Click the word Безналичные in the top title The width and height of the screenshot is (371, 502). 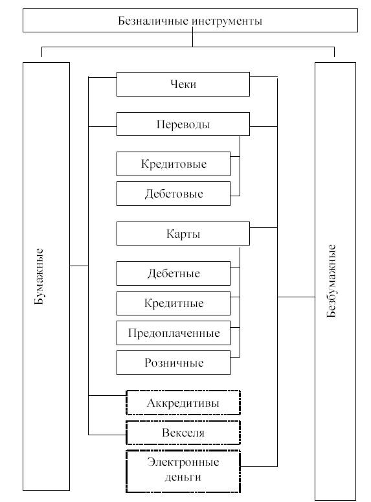click(153, 21)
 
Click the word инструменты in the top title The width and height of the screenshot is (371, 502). click(227, 21)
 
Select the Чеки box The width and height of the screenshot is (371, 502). click(183, 84)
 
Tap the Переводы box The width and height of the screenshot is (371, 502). click(183, 124)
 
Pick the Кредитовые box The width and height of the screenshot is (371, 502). click(174, 164)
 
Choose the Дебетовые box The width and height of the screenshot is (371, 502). click(174, 194)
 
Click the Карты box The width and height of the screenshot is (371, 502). click(183, 234)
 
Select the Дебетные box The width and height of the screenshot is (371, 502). click(174, 273)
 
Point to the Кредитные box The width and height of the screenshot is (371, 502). click(174, 303)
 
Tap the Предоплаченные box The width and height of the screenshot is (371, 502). click(174, 333)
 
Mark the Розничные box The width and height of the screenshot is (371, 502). click(174, 363)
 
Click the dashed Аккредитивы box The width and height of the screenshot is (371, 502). click(183, 403)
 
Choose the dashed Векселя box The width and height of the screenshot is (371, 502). click(183, 433)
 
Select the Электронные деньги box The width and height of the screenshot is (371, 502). click(183, 472)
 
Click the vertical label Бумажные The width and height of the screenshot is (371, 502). click(39, 277)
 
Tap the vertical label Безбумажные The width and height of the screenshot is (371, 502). click(331, 280)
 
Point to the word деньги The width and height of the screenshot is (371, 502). click(183, 477)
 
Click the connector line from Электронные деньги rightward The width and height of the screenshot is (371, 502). click(259, 466)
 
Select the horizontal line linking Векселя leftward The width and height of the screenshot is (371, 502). click(107, 435)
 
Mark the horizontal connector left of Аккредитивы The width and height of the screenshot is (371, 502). click(107, 395)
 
